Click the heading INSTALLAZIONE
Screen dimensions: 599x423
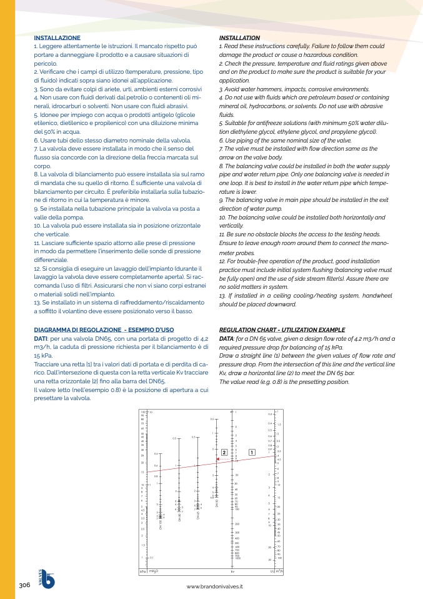click(x=57, y=38)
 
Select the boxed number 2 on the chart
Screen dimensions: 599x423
click(x=224, y=452)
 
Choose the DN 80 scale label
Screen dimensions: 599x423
click(x=179, y=516)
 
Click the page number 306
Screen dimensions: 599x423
click(x=25, y=585)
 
